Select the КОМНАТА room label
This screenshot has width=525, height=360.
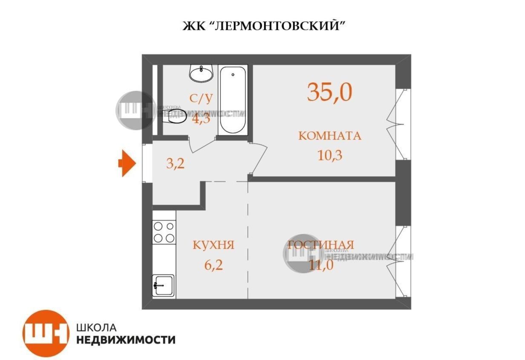click(x=329, y=136)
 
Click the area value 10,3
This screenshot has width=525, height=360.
click(x=330, y=154)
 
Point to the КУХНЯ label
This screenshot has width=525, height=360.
click(x=213, y=245)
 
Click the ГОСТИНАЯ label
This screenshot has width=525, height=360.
click(x=321, y=245)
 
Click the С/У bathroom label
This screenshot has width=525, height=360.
click(x=201, y=99)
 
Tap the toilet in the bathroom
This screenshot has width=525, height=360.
click(x=175, y=116)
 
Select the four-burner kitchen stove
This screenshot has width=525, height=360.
click(x=164, y=232)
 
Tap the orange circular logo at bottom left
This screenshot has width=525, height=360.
click(x=46, y=333)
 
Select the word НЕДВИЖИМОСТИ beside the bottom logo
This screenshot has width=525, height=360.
click(x=126, y=340)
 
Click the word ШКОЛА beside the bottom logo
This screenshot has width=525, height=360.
click(x=96, y=327)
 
